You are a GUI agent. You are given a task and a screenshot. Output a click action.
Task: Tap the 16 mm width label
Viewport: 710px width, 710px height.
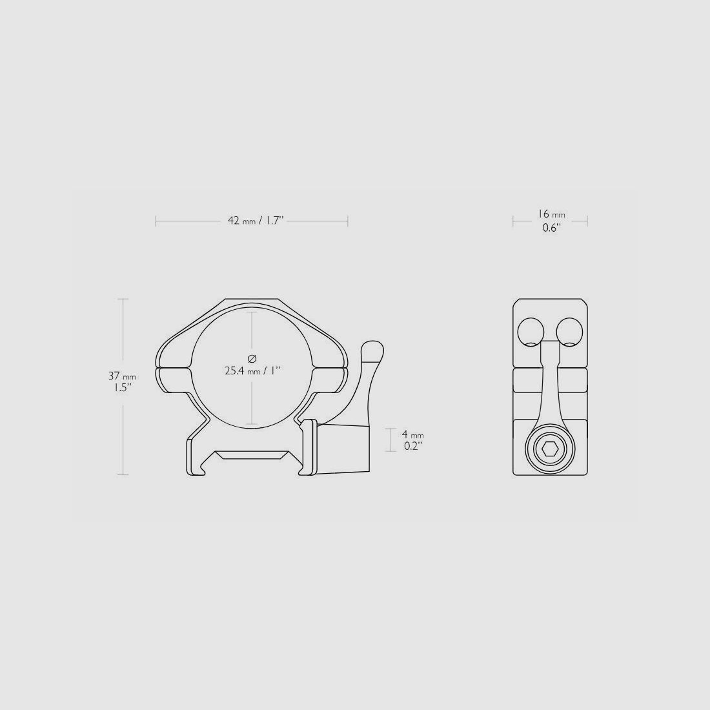(x=551, y=214)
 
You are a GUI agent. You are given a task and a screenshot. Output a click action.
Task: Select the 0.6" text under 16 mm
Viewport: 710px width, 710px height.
(x=551, y=228)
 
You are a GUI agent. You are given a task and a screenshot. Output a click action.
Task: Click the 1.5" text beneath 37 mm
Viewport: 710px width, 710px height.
(x=121, y=388)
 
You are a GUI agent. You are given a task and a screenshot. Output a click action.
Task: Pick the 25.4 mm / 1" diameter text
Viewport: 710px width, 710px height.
(x=252, y=370)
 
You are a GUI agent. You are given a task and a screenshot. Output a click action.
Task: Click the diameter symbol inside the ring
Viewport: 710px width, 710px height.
(x=252, y=358)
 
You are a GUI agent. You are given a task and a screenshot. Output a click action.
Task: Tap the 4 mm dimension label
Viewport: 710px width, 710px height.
(x=412, y=434)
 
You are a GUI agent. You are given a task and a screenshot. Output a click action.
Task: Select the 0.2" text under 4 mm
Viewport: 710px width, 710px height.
(x=412, y=445)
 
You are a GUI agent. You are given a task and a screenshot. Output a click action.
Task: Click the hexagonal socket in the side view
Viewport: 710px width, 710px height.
(x=550, y=450)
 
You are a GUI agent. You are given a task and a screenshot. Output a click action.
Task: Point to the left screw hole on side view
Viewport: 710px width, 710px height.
(x=531, y=332)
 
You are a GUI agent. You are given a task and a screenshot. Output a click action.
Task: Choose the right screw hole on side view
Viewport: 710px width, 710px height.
(x=570, y=332)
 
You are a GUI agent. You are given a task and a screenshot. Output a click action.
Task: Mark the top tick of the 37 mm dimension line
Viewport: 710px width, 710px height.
(x=123, y=299)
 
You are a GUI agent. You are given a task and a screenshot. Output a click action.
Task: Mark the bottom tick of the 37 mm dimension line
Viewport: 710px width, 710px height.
(x=123, y=475)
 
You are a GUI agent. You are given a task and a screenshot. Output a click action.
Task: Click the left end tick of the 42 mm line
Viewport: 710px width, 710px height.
(x=156, y=221)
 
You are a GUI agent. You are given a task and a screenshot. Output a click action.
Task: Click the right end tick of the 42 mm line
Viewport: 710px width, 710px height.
(x=348, y=221)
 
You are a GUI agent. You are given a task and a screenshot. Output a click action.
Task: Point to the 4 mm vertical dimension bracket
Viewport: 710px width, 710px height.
(x=391, y=440)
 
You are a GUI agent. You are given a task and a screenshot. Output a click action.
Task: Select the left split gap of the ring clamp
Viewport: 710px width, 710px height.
(x=173, y=369)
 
